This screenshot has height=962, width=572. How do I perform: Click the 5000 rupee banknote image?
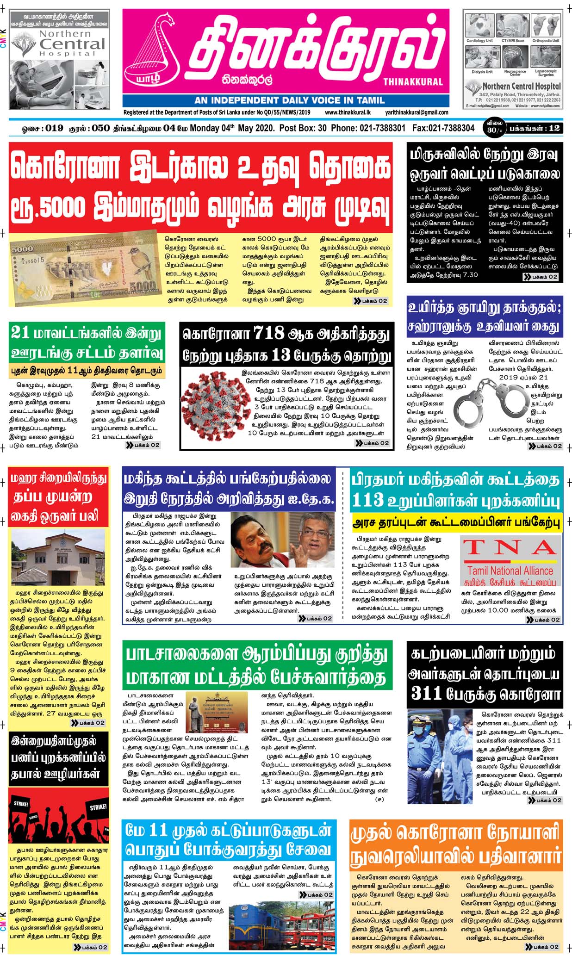point(85,269)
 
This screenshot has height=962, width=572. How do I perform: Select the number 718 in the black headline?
point(269,333)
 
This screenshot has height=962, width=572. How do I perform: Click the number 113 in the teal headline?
point(368,500)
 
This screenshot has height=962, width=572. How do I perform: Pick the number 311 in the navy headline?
point(427,694)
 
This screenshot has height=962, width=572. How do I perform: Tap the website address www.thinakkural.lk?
point(348,112)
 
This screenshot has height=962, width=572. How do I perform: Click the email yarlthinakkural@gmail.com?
point(417,112)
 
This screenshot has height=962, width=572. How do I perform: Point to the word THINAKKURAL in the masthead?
point(413,82)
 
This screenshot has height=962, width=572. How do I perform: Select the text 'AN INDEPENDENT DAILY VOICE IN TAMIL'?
point(289,100)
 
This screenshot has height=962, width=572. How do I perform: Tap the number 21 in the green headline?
point(20,333)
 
